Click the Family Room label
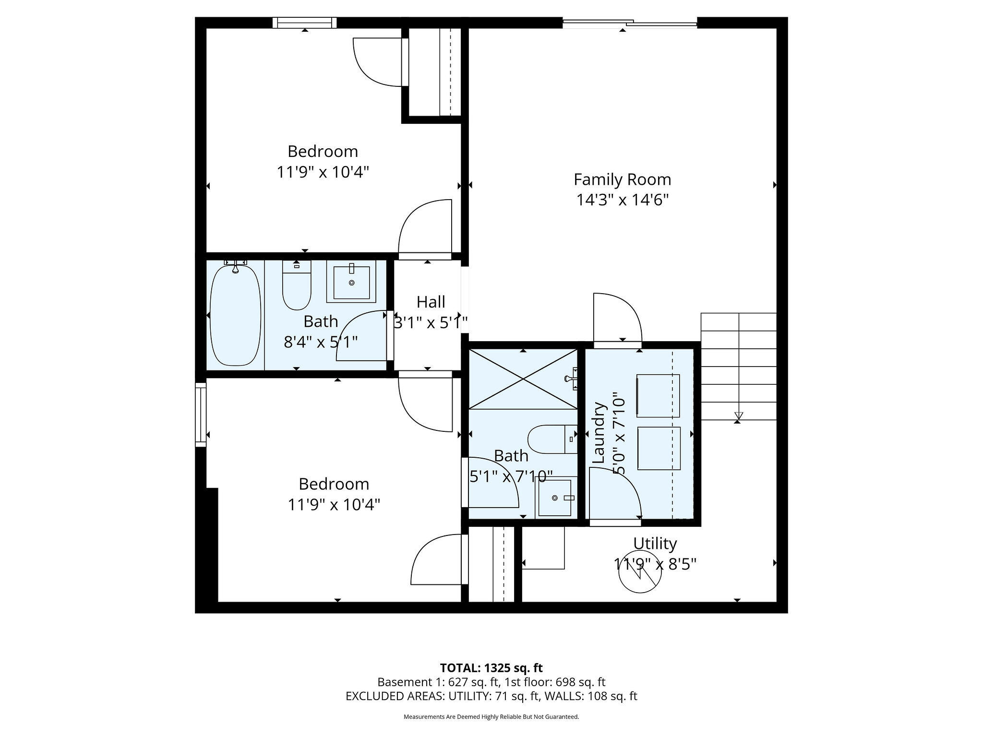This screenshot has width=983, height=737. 623,179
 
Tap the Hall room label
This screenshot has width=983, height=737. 431,302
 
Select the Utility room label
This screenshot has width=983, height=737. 655,543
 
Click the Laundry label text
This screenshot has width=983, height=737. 599,433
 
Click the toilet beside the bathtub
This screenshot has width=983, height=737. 297,285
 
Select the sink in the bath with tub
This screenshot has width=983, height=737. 351,282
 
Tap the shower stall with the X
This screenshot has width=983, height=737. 523,379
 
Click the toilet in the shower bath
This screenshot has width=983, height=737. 552,439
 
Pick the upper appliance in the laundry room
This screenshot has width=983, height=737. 658,396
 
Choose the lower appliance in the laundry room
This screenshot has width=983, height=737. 659,449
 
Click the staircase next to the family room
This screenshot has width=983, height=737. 739,367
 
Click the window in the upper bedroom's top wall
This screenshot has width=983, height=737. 305,23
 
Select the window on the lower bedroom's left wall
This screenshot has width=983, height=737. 201,415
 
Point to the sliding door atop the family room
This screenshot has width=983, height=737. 630,23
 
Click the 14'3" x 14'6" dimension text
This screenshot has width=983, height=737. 623,200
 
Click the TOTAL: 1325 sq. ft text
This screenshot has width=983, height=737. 491,668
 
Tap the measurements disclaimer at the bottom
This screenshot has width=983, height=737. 491,717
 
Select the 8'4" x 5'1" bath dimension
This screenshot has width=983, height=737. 321,342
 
